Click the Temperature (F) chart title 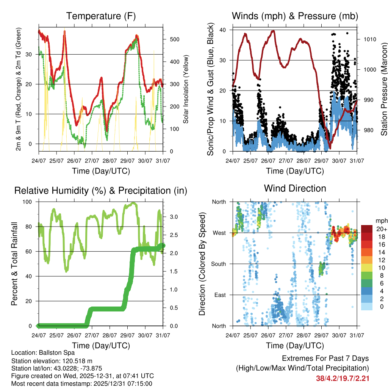tap(101, 16)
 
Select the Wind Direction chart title tap(295, 188)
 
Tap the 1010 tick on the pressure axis tap(369, 39)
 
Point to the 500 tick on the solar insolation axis tap(171, 39)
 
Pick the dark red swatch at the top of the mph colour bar tap(367, 229)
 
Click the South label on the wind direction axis tap(219, 264)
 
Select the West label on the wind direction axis tap(219, 233)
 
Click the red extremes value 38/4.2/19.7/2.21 tap(343, 378)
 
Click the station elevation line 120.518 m tap(49, 360)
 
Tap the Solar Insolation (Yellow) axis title tap(186, 89)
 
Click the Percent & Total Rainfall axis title tap(15, 264)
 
